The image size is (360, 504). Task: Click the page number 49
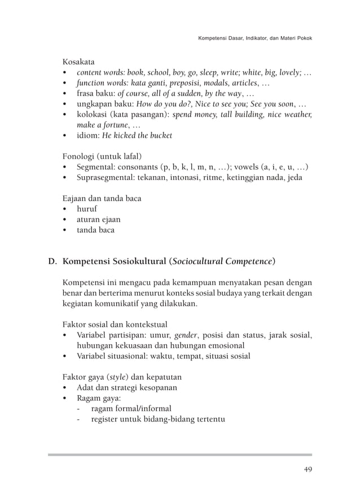[x=307, y=469]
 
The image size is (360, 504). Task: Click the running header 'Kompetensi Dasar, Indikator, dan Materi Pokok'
[x=255, y=38]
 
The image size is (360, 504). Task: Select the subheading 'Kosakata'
[x=78, y=61]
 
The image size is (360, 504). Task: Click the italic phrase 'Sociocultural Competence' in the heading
[x=223, y=261]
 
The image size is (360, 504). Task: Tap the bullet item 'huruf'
[x=87, y=209]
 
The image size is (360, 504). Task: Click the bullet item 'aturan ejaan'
[x=99, y=220]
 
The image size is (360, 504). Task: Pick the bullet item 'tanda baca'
[x=95, y=230]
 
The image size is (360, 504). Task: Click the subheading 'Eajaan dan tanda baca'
[x=102, y=198]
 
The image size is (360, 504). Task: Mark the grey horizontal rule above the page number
[x=179, y=454]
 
